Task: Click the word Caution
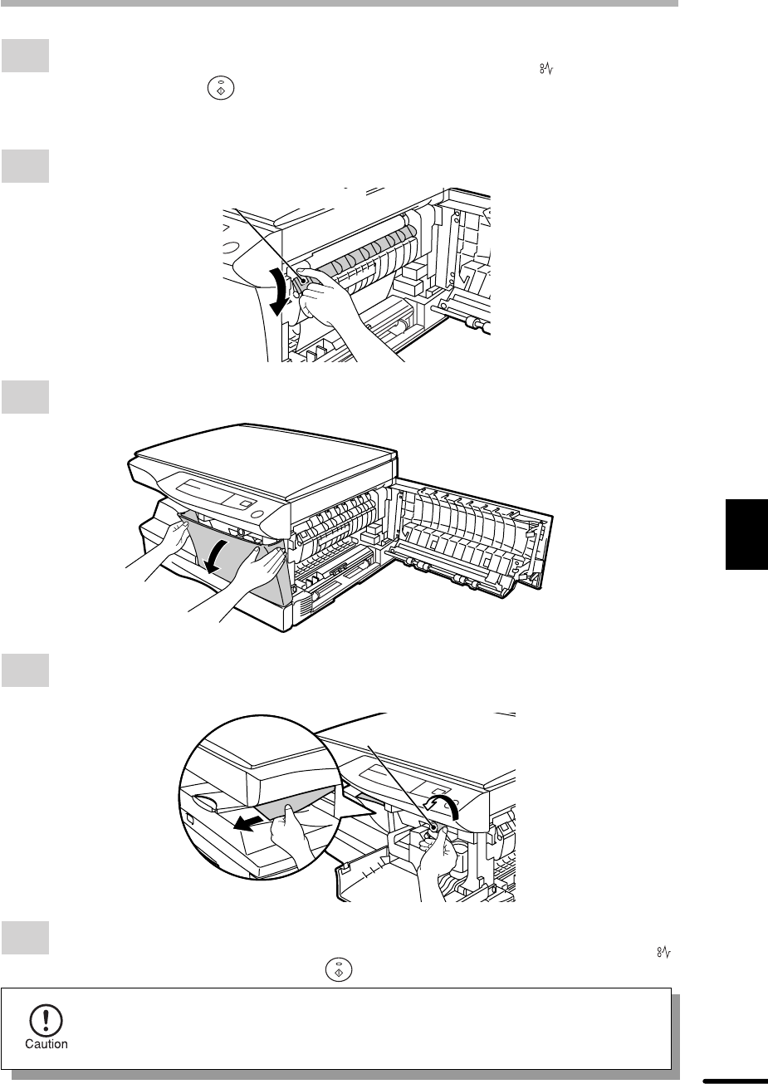46,1044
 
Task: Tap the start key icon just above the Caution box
339,970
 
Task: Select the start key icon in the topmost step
221,89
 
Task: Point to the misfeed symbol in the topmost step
546,69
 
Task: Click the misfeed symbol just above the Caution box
664,953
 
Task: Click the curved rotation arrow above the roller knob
443,804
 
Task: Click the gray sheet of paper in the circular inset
296,806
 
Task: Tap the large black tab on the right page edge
746,534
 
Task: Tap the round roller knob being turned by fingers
433,827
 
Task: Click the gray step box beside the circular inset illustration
25,670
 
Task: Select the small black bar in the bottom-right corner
735,1081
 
